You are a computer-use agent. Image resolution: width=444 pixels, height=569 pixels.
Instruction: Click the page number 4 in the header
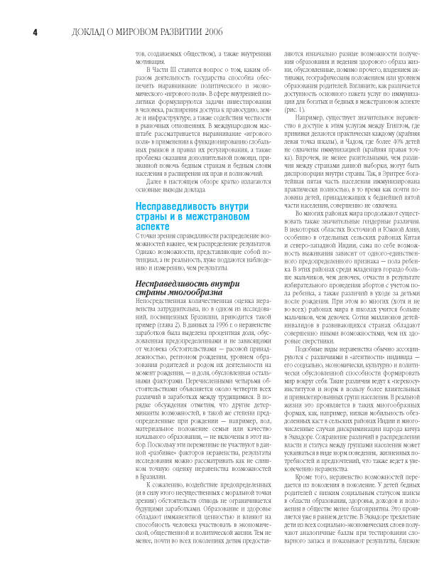coord(33,32)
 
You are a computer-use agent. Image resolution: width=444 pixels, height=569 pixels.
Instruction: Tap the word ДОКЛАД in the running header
coord(91,32)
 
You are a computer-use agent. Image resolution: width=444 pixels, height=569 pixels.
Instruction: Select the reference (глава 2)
coord(161,317)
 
